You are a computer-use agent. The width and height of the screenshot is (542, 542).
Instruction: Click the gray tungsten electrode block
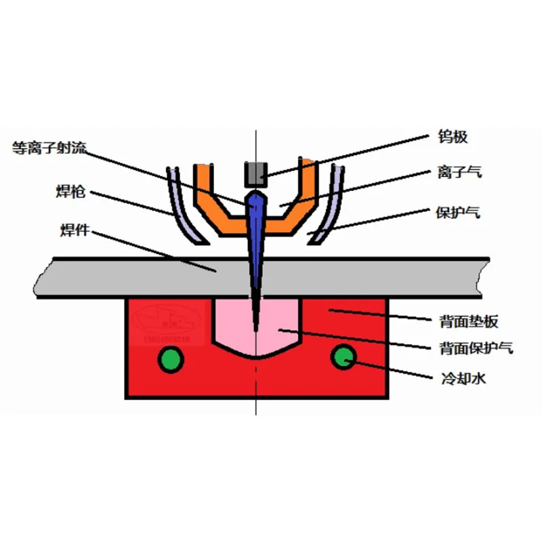[255, 174]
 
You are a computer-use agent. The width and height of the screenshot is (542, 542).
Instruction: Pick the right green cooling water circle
[343, 356]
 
